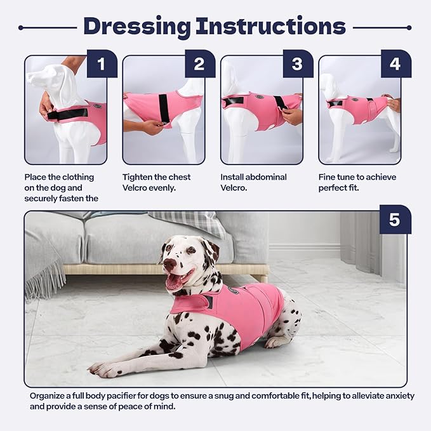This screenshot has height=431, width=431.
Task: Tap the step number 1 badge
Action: [101, 63]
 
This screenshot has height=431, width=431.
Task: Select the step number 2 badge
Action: [199, 63]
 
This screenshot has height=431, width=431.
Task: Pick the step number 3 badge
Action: [297, 63]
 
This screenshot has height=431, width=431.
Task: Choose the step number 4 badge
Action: [395, 63]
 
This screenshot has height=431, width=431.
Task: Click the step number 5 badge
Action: [394, 220]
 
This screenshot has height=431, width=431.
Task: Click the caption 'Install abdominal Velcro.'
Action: [253, 183]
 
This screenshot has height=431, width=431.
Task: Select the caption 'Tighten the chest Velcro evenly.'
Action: [156, 183]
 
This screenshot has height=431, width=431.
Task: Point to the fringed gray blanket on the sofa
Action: [44, 267]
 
